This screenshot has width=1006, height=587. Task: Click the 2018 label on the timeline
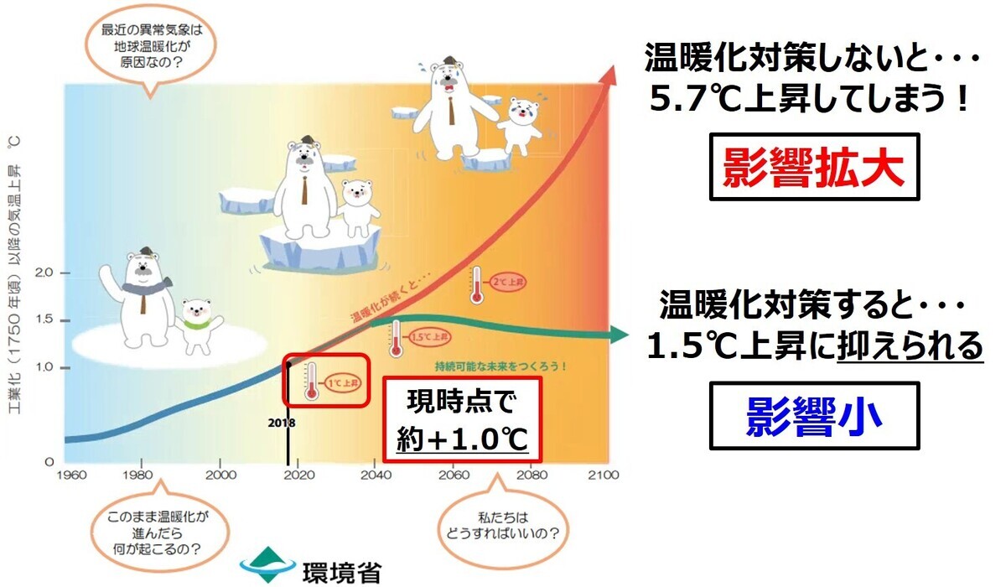pos(282,423)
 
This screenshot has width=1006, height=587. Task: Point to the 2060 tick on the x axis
pos(453,475)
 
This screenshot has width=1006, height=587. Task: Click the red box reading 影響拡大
pos(815,167)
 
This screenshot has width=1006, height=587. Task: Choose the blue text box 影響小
pos(814,415)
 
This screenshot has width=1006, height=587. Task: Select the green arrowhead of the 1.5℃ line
pos(620,335)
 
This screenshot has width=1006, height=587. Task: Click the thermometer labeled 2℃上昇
pos(477,284)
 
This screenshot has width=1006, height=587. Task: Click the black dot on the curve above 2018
pos(288,364)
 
